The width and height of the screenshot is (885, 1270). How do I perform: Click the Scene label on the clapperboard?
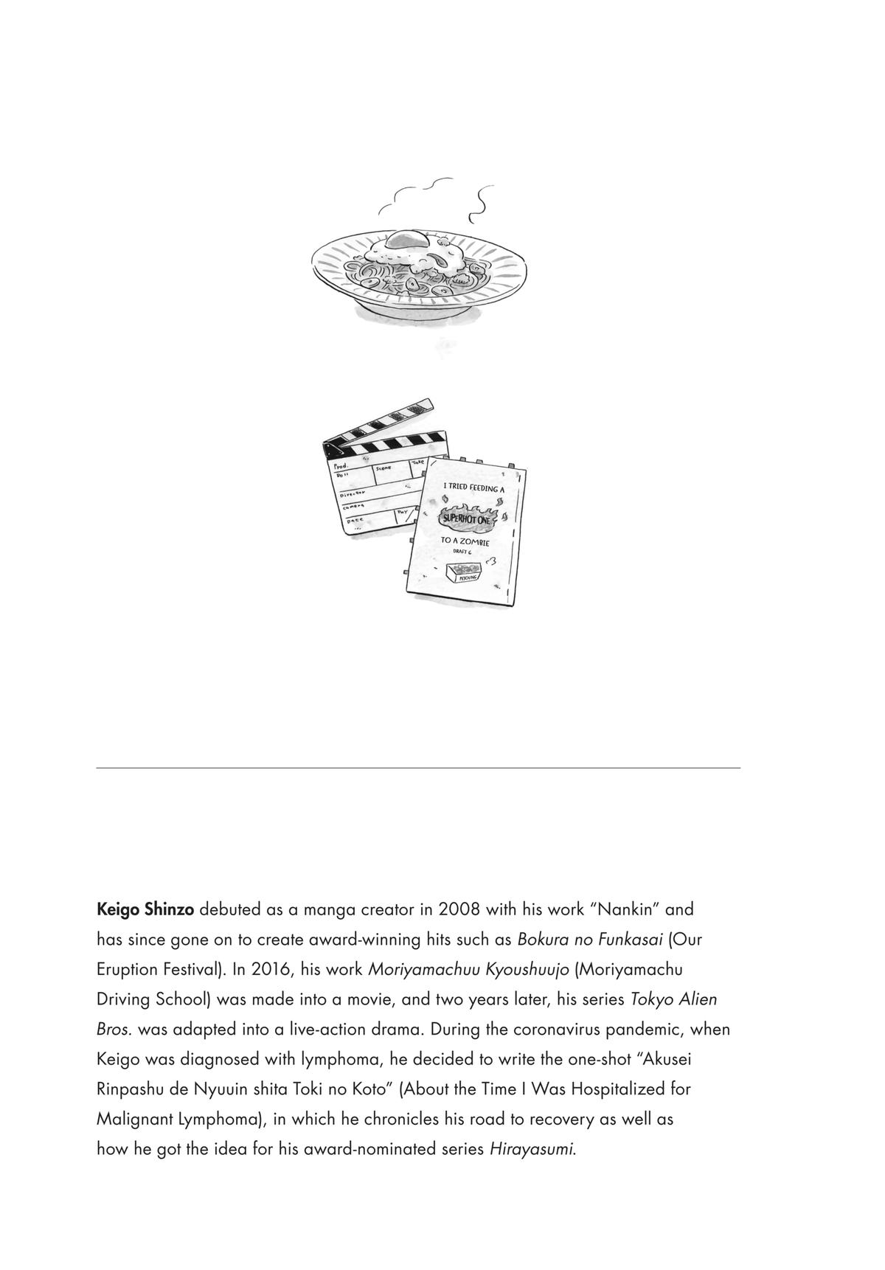point(384,468)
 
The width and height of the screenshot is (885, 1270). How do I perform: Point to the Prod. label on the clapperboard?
point(340,467)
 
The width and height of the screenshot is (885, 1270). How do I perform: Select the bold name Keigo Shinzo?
point(145,909)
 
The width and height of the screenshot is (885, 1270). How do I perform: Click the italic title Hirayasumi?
point(532,1150)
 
